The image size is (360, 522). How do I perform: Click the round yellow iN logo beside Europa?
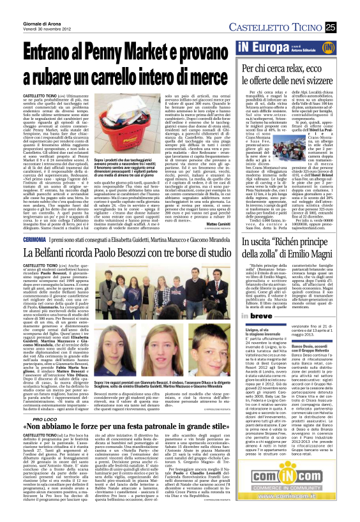345,47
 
